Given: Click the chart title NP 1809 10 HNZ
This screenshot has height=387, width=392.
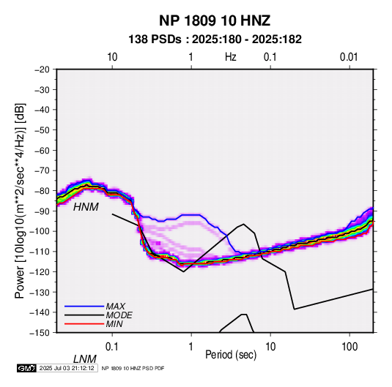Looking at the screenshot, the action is click(215, 20).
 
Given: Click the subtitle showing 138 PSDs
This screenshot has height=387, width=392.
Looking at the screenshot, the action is click(215, 40).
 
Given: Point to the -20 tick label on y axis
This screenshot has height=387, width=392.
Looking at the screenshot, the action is click(42, 69).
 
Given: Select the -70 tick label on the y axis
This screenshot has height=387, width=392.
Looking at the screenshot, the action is click(42, 170).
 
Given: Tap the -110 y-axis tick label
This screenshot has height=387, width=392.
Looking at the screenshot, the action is click(40, 252).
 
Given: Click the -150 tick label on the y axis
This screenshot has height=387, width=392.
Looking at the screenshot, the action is click(40, 333).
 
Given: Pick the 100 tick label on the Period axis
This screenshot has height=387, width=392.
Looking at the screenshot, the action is click(350, 347).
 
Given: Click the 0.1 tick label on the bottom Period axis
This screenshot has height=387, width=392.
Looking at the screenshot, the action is click(111, 347).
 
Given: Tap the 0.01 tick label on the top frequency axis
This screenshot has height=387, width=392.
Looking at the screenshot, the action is click(349, 57).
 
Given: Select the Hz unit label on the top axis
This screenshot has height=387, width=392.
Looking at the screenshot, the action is click(231, 57).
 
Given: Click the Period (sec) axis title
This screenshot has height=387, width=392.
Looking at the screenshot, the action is click(231, 355).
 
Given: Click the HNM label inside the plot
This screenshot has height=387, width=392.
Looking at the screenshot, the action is click(86, 207).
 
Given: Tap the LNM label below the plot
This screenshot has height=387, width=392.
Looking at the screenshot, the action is click(85, 359).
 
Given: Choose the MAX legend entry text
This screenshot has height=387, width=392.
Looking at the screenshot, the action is click(115, 307).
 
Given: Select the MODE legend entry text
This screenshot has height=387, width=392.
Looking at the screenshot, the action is click(119, 315).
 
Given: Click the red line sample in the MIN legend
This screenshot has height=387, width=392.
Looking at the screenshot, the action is click(84, 324).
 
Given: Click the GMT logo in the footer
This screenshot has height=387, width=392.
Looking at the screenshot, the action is click(26, 368).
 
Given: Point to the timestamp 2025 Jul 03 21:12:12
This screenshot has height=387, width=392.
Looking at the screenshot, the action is click(67, 368).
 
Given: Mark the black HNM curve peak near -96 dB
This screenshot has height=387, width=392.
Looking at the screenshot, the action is click(243, 224).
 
